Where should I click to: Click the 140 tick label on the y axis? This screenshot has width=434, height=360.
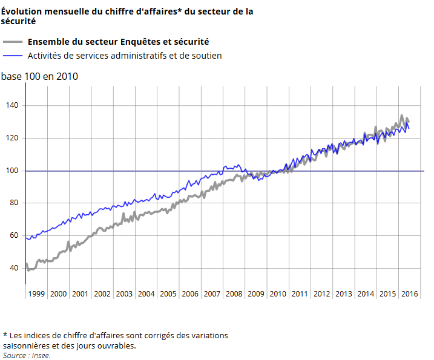tap(13, 106)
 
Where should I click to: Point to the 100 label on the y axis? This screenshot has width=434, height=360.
tap(13, 171)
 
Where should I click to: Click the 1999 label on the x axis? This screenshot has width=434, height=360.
tap(36, 294)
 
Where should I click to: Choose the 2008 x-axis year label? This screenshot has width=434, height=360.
tap(234, 294)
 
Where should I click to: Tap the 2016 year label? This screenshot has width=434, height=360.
tap(409, 294)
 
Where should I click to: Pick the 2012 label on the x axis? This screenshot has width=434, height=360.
tap(321, 294)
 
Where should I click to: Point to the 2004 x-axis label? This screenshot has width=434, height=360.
tap(146, 294)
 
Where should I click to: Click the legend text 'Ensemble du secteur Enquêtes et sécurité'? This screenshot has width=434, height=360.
tap(119, 42)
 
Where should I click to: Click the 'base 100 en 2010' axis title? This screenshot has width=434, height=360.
tap(39, 77)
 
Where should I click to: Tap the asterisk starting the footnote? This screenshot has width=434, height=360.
tap(5, 335)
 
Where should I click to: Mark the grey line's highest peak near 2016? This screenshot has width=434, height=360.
tap(401, 116)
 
